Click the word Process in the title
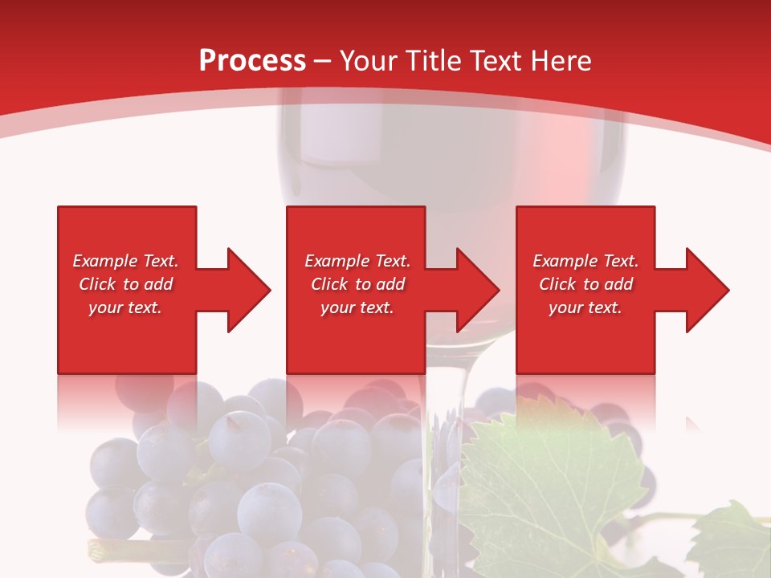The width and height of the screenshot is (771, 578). pyautogui.click(x=252, y=61)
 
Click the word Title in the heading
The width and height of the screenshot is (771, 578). pyautogui.click(x=433, y=61)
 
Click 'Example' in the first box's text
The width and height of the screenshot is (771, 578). pyautogui.click(x=105, y=261)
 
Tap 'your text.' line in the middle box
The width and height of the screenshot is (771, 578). pyautogui.click(x=357, y=307)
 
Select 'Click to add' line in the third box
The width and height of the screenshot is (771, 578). pyautogui.click(x=585, y=284)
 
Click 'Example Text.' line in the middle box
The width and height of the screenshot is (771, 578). pyautogui.click(x=357, y=261)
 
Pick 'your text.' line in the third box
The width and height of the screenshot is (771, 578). pyautogui.click(x=585, y=307)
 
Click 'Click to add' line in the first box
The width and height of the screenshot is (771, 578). pyautogui.click(x=125, y=284)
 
